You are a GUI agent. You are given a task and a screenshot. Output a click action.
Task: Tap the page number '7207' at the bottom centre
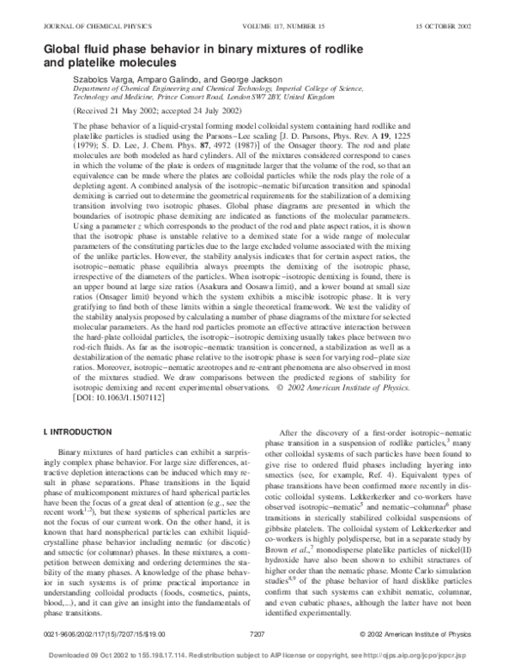point(258,634)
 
